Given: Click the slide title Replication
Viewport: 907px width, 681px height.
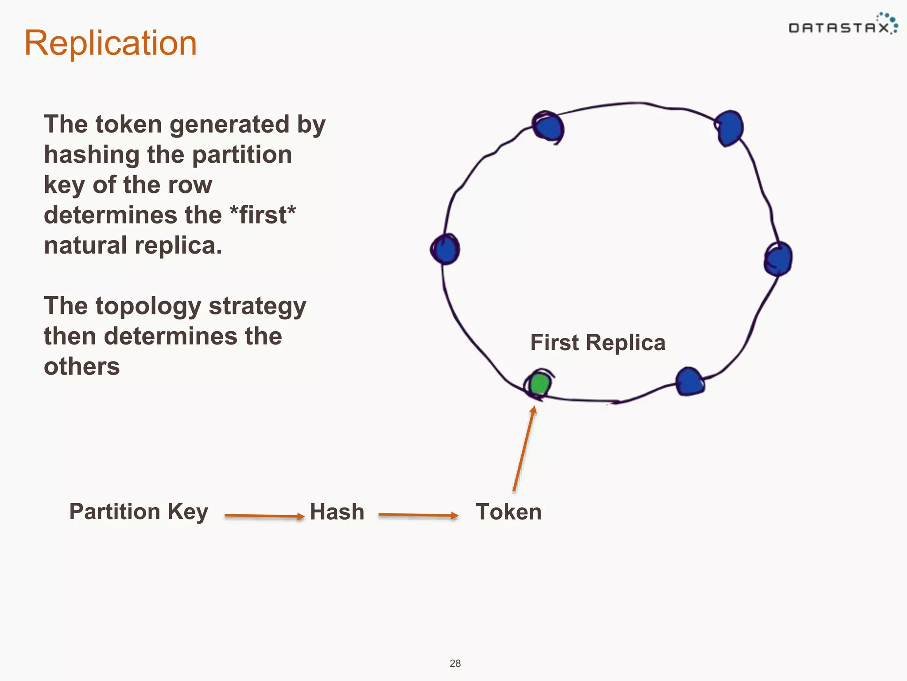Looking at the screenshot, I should pyautogui.click(x=110, y=43).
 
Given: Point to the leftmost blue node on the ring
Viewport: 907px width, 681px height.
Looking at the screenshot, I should pyautogui.click(x=446, y=249).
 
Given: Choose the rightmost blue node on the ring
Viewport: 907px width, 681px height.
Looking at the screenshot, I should pyautogui.click(x=779, y=259).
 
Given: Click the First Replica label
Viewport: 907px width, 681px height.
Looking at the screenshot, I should pyautogui.click(x=597, y=343).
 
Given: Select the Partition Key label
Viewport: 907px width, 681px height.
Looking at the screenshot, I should pyautogui.click(x=139, y=512).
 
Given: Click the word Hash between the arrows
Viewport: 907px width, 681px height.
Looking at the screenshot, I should pyautogui.click(x=337, y=512).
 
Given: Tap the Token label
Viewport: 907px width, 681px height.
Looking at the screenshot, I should pyautogui.click(x=508, y=512).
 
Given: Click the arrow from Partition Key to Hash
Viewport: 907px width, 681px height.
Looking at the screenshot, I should pyautogui.click(x=264, y=516).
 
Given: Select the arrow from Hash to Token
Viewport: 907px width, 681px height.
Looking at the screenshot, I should pyautogui.click(x=418, y=515).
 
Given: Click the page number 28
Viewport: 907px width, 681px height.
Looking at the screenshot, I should pyautogui.click(x=455, y=663).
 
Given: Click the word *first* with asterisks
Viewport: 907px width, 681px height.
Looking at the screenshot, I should pyautogui.click(x=263, y=215).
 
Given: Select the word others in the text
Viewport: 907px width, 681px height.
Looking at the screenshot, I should pyautogui.click(x=82, y=367).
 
